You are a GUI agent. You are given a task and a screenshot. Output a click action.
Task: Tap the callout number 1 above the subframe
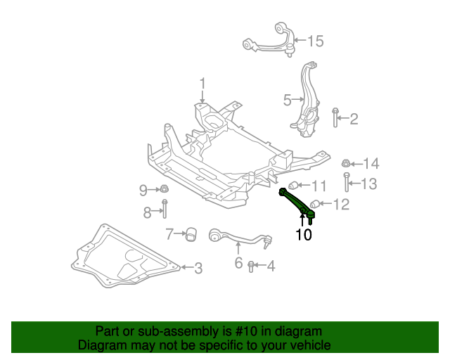click(x=202, y=84)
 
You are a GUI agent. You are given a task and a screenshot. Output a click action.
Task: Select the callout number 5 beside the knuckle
click(x=287, y=101)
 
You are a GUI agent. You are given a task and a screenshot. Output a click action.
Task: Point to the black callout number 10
click(x=303, y=234)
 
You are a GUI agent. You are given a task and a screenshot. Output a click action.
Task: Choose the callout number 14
click(x=371, y=164)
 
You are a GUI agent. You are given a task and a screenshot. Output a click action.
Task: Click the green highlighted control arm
click(x=296, y=202)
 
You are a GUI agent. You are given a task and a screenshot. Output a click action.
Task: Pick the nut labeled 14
click(x=347, y=164)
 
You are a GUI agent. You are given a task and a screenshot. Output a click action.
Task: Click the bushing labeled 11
click(x=297, y=186)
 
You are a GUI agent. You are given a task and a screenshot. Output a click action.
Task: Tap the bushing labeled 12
click(x=316, y=205)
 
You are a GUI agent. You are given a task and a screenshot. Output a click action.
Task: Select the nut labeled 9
click(x=162, y=189)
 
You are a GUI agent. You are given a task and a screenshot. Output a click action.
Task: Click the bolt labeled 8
click(x=164, y=210)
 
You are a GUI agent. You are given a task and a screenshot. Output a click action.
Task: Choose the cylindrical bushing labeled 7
click(x=189, y=233)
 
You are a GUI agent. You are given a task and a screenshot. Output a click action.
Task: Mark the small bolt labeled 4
click(x=252, y=266)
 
